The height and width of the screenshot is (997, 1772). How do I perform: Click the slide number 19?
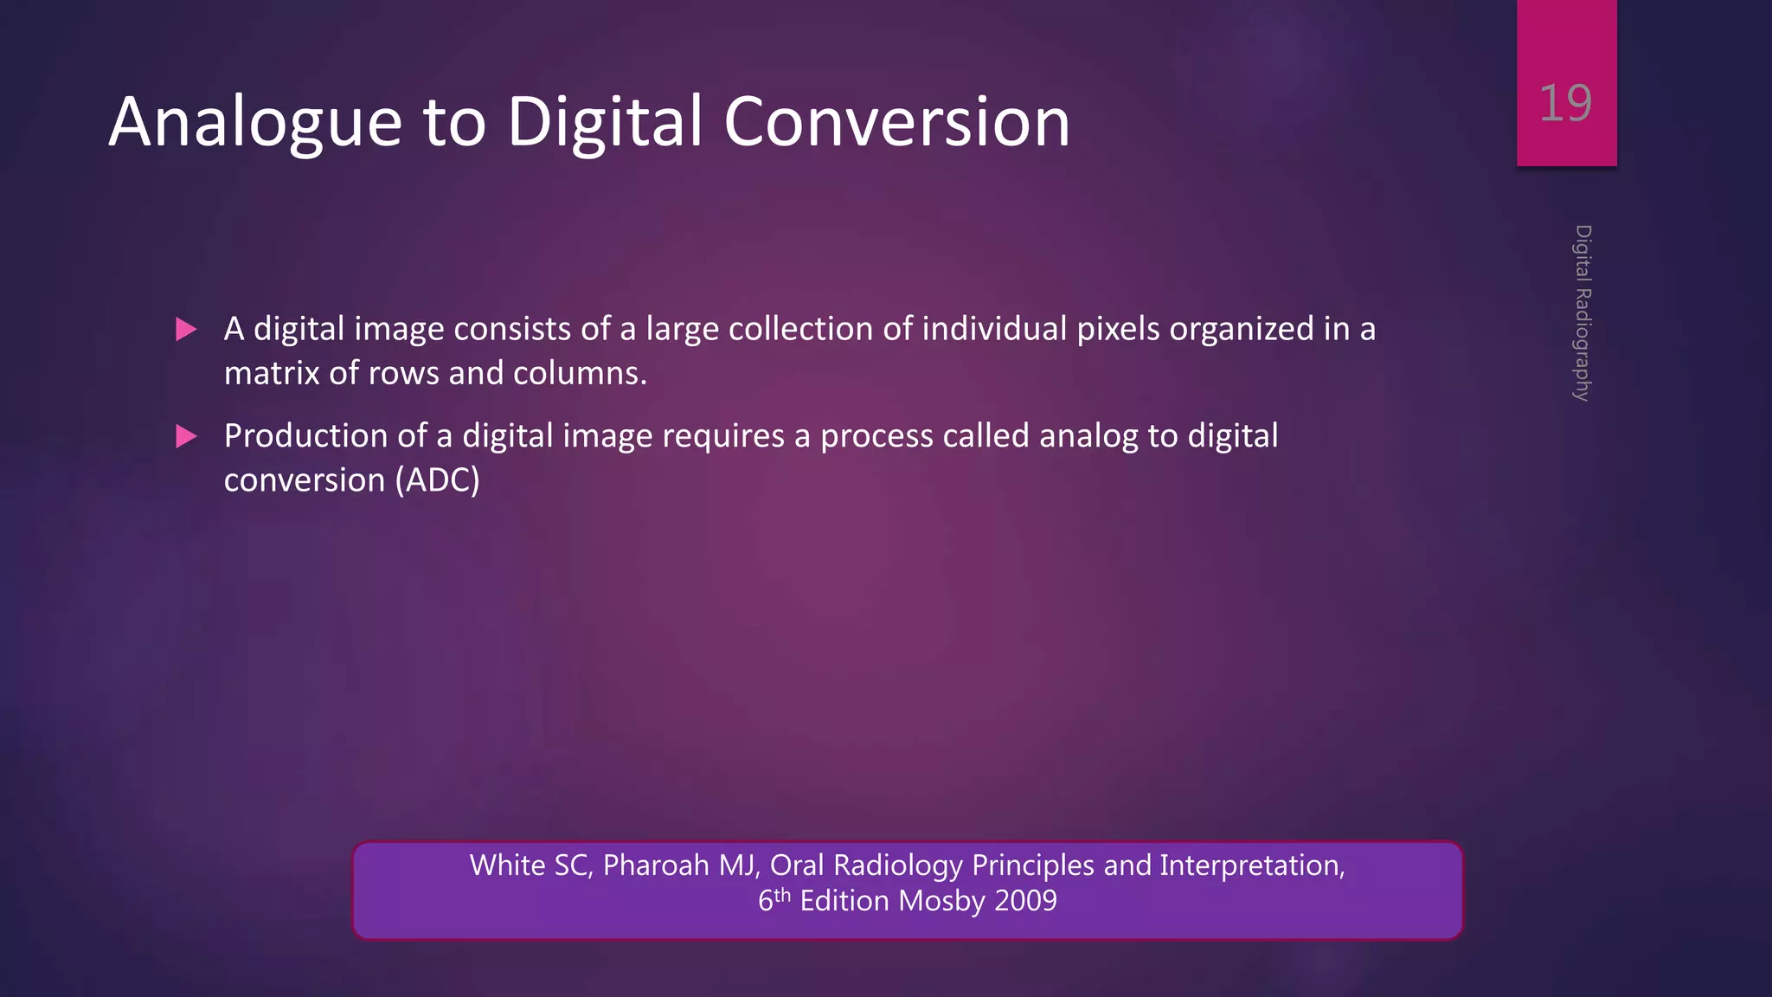click(x=1565, y=104)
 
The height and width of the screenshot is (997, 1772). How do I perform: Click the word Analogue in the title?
click(x=256, y=123)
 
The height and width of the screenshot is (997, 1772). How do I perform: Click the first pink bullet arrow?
click(x=186, y=330)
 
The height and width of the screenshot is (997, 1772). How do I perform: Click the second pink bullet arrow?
click(x=186, y=436)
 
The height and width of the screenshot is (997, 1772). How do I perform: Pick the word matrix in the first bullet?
click(x=271, y=373)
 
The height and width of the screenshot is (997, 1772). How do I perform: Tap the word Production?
click(x=305, y=436)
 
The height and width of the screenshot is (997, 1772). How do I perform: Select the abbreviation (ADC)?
click(x=437, y=480)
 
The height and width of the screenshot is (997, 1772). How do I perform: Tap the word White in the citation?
click(x=507, y=865)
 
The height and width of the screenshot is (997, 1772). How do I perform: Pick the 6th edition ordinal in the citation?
click(x=774, y=900)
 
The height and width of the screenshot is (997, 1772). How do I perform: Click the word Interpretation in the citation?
click(x=1251, y=865)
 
